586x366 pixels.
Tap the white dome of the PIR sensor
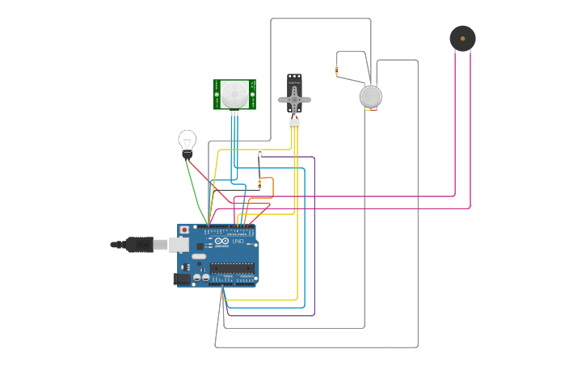234,93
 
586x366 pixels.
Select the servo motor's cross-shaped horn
294,99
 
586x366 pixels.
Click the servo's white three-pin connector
294,124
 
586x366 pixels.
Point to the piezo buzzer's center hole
462,38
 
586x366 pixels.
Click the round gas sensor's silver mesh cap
370,97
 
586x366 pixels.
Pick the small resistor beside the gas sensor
337,70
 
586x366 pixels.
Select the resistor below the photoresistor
259,183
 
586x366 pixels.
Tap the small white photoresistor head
259,152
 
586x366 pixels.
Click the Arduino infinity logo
222,241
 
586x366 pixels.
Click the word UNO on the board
238,241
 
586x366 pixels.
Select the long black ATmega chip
232,267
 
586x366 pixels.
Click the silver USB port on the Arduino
179,244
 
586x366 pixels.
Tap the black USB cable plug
140,244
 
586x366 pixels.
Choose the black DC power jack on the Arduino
182,279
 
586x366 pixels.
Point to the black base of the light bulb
188,154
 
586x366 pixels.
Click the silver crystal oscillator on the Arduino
199,256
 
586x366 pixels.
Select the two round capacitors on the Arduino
201,277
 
